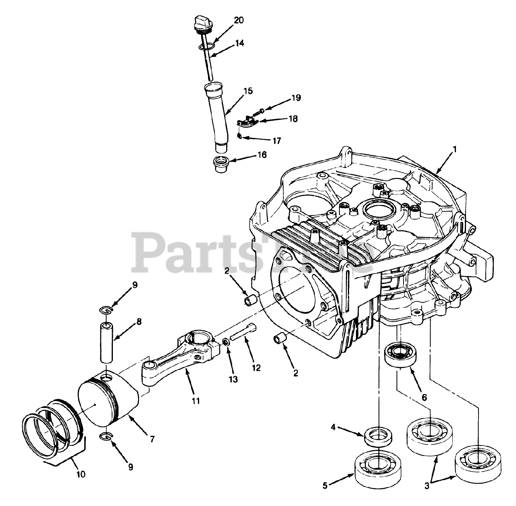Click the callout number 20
coord(239,21)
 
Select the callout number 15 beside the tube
coord(248,91)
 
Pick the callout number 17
coord(276,141)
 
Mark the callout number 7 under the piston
coord(152,439)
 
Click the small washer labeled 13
coord(227,342)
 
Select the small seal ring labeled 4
coord(379,436)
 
